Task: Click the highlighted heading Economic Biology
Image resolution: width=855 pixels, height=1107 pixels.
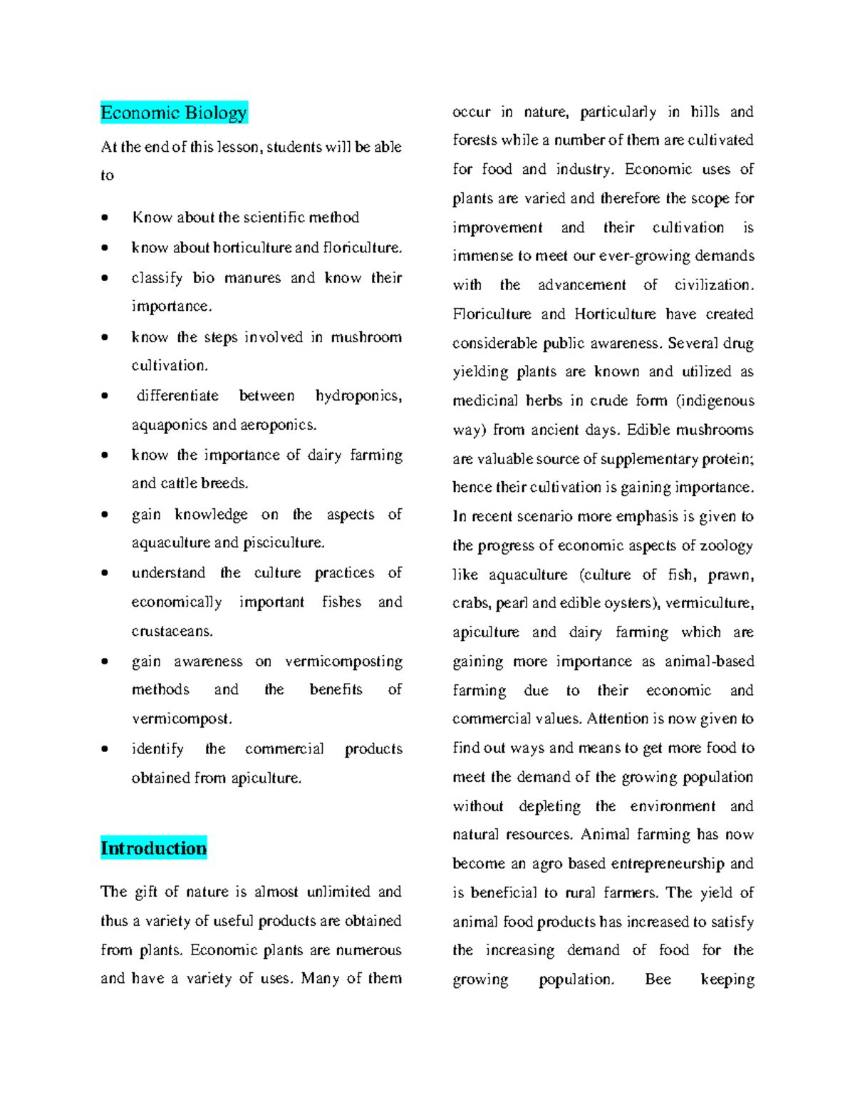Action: pos(174,113)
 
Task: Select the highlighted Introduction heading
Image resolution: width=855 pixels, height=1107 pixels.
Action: pos(153,848)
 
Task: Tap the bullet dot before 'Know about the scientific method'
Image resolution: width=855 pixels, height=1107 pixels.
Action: pos(105,218)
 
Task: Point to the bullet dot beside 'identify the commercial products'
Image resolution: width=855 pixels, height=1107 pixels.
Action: pos(105,749)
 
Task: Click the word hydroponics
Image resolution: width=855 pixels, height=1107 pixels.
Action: pos(358,396)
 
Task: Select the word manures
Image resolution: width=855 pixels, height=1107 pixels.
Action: pos(252,277)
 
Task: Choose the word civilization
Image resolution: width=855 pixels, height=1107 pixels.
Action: pos(713,285)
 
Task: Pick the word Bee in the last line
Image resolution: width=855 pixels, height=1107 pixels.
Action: pos(658,979)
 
